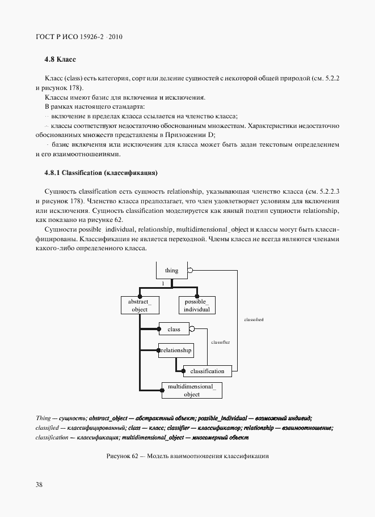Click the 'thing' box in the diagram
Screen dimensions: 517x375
(171, 270)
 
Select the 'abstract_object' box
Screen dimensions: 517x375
(140, 306)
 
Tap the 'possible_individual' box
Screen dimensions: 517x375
(197, 306)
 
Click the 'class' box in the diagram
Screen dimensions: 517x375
(174, 329)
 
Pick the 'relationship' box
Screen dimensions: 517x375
(176, 351)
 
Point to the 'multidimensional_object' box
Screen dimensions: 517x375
(192, 390)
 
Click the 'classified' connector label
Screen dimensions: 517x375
(254, 319)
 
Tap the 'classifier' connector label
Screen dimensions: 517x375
(220, 343)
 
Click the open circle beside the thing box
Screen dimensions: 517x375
(191, 270)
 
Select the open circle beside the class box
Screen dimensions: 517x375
(192, 328)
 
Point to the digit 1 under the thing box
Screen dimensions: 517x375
(163, 283)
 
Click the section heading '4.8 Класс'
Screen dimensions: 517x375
(60, 59)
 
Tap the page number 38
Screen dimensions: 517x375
(39, 484)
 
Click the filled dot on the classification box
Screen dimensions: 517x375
(183, 371)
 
